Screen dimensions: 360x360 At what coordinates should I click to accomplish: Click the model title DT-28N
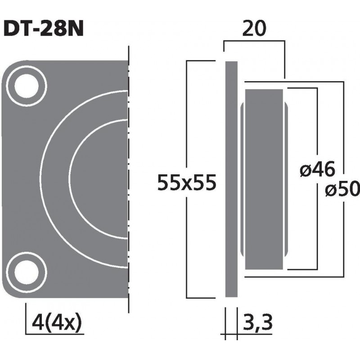[43, 30]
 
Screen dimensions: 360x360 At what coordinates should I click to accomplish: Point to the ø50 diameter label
[342, 191]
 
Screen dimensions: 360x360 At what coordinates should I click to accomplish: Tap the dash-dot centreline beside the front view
[129, 180]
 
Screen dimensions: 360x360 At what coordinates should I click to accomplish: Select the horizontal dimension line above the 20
[254, 41]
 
